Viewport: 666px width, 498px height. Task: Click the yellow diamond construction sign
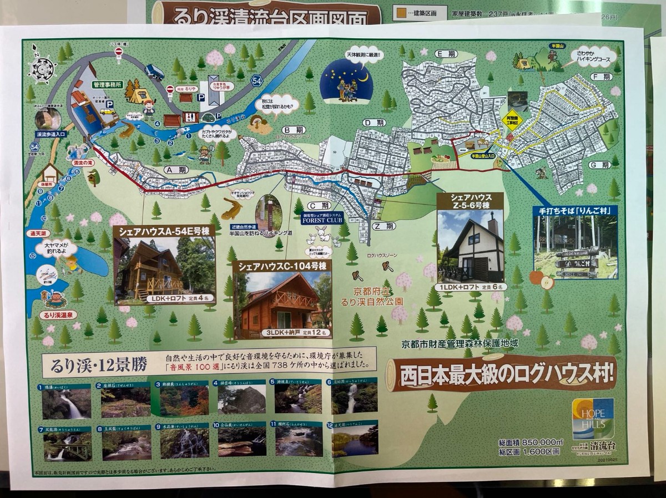511,124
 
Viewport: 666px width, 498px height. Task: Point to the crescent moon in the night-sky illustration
364,78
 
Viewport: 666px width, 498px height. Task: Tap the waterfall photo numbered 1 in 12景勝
67,403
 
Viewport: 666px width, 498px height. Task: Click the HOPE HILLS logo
593,419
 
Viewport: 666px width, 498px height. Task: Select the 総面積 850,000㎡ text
531,442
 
